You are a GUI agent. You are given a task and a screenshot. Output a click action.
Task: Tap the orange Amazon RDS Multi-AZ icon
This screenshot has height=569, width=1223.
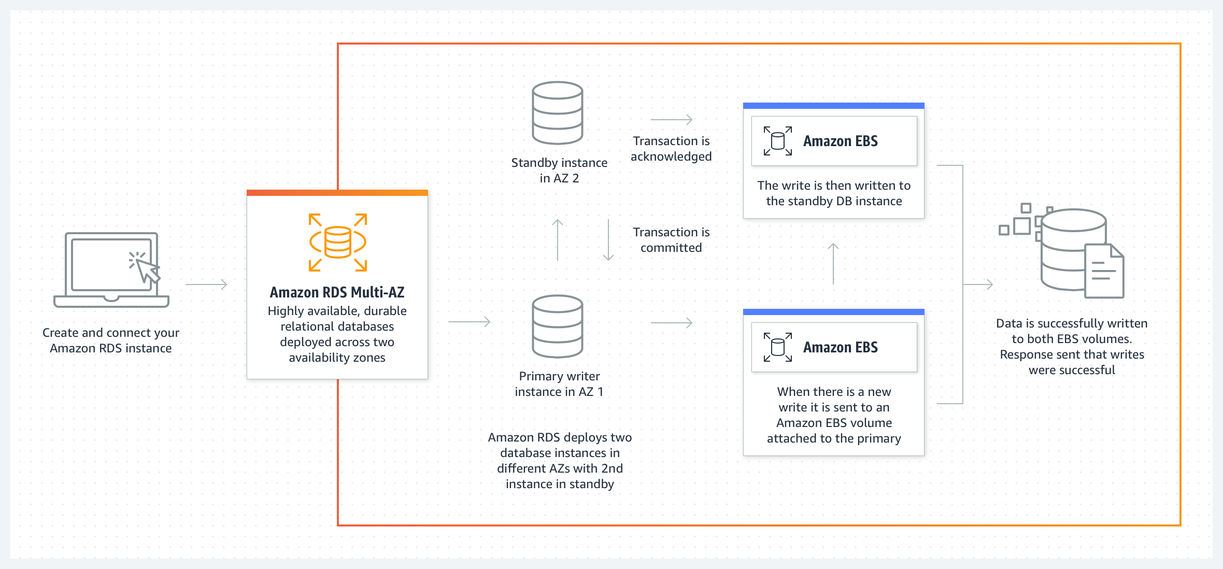338,242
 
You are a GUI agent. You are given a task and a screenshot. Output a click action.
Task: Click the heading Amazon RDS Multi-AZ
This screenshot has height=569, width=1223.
337,292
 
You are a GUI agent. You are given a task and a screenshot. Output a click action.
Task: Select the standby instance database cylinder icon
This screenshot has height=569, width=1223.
558,112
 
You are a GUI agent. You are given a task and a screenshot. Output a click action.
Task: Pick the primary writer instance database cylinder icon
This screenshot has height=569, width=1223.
558,326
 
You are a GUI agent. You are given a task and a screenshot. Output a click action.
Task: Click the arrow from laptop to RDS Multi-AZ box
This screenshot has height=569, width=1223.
206,284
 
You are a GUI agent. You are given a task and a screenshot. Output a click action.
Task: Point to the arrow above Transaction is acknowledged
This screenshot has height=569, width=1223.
672,120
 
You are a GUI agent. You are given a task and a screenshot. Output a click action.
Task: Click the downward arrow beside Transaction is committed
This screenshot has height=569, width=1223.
608,240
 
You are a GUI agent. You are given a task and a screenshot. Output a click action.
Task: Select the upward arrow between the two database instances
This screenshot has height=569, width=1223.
558,240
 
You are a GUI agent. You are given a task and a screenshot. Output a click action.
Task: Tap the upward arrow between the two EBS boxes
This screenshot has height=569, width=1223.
833,264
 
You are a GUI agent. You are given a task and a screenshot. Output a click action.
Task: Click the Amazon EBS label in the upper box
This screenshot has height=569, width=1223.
840,141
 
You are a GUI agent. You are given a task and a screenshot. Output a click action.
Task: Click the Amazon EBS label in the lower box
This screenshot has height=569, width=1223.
840,347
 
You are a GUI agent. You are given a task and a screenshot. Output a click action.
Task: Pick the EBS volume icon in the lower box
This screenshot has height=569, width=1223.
778,347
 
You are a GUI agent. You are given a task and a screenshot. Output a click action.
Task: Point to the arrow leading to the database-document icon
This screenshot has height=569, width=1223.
978,284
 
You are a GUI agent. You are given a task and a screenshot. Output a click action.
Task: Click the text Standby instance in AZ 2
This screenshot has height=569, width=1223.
559,170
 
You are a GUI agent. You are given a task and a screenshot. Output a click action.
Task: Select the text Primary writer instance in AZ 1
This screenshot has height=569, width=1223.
559,384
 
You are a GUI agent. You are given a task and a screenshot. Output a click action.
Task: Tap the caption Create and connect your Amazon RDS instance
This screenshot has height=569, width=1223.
111,340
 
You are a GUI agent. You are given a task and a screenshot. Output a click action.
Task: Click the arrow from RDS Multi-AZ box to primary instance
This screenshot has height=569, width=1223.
469,322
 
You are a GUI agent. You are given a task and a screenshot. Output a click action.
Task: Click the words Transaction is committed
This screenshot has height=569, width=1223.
671,240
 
